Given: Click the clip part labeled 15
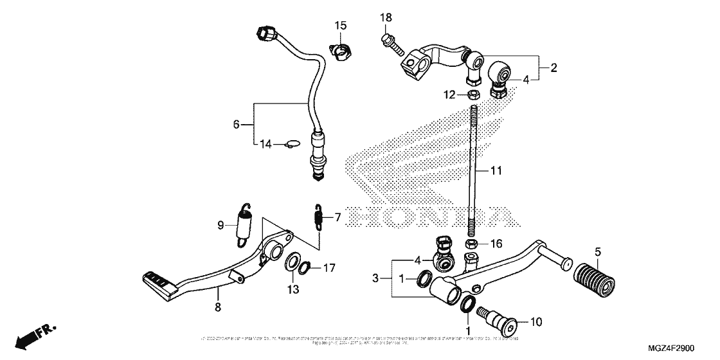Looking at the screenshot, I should (x=341, y=50).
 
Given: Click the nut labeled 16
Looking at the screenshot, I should (x=471, y=244).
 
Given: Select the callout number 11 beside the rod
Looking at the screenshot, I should (x=496, y=171).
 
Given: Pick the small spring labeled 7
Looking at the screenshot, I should (x=318, y=218).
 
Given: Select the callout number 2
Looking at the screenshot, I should (x=553, y=67).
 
